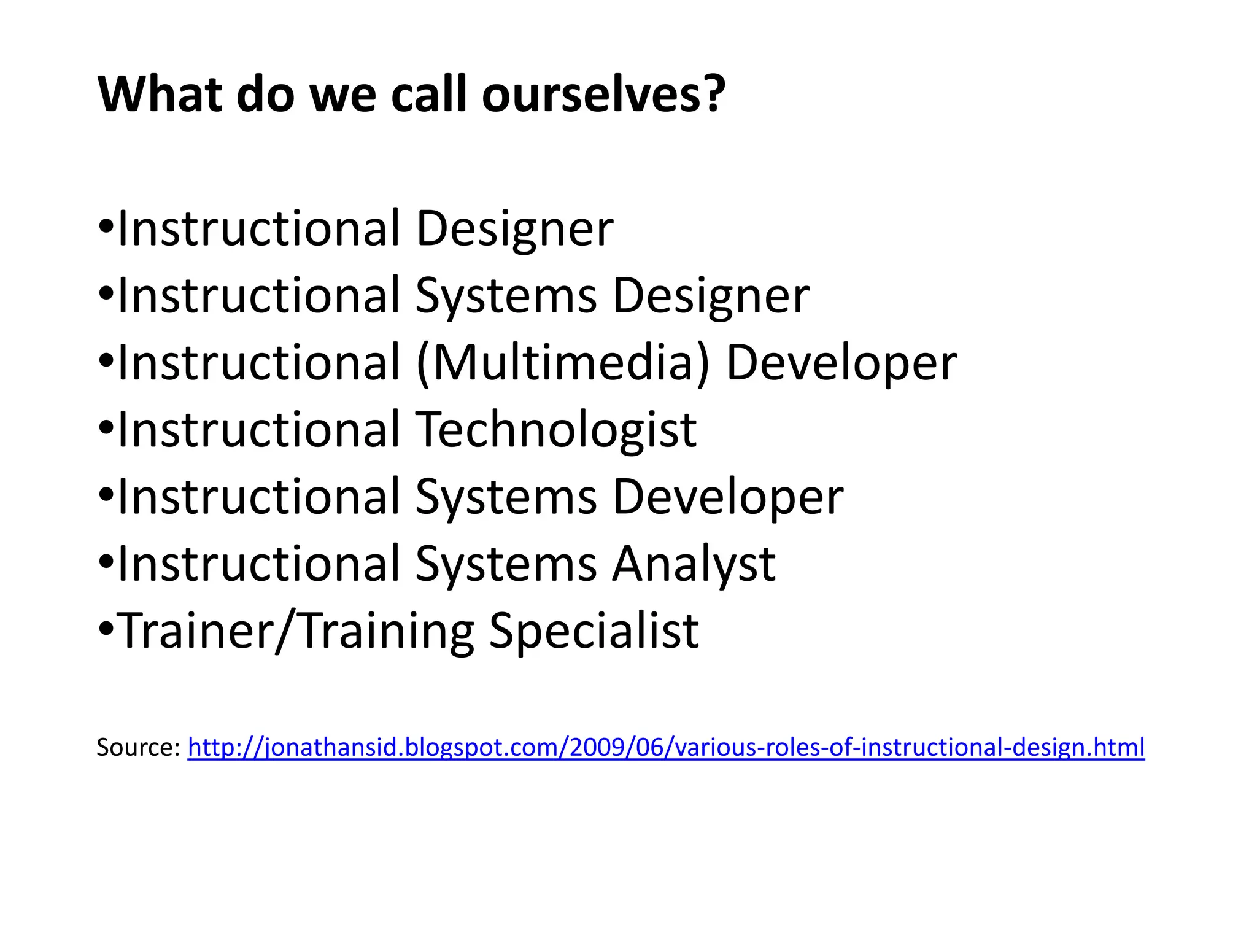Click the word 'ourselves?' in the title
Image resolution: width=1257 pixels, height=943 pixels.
point(603,95)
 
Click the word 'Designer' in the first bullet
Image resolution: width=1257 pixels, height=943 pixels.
point(514,229)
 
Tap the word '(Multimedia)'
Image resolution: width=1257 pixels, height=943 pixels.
point(563,363)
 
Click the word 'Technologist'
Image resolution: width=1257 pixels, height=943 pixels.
point(555,430)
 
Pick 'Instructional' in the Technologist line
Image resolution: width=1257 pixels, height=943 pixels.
point(259,430)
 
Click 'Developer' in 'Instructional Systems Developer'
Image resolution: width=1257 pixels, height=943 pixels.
point(728,497)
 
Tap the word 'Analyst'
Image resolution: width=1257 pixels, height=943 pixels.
point(694,565)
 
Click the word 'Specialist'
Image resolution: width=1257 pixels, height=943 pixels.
point(594,632)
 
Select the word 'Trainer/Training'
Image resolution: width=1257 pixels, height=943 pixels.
point(295,632)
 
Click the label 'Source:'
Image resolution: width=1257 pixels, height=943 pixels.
point(138,748)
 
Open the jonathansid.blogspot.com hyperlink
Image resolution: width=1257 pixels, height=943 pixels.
point(666,748)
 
